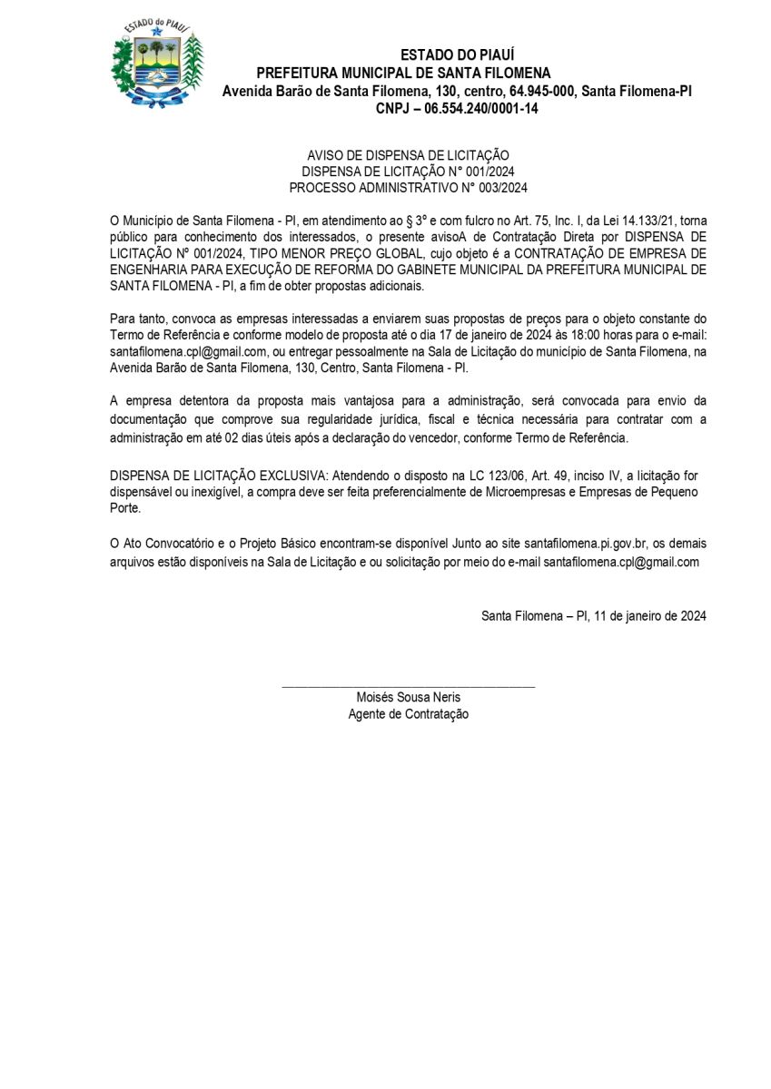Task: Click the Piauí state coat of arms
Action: click(x=156, y=64)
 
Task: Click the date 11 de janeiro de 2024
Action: click(x=653, y=615)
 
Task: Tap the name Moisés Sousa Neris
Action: click(x=408, y=698)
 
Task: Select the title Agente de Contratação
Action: click(x=408, y=714)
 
